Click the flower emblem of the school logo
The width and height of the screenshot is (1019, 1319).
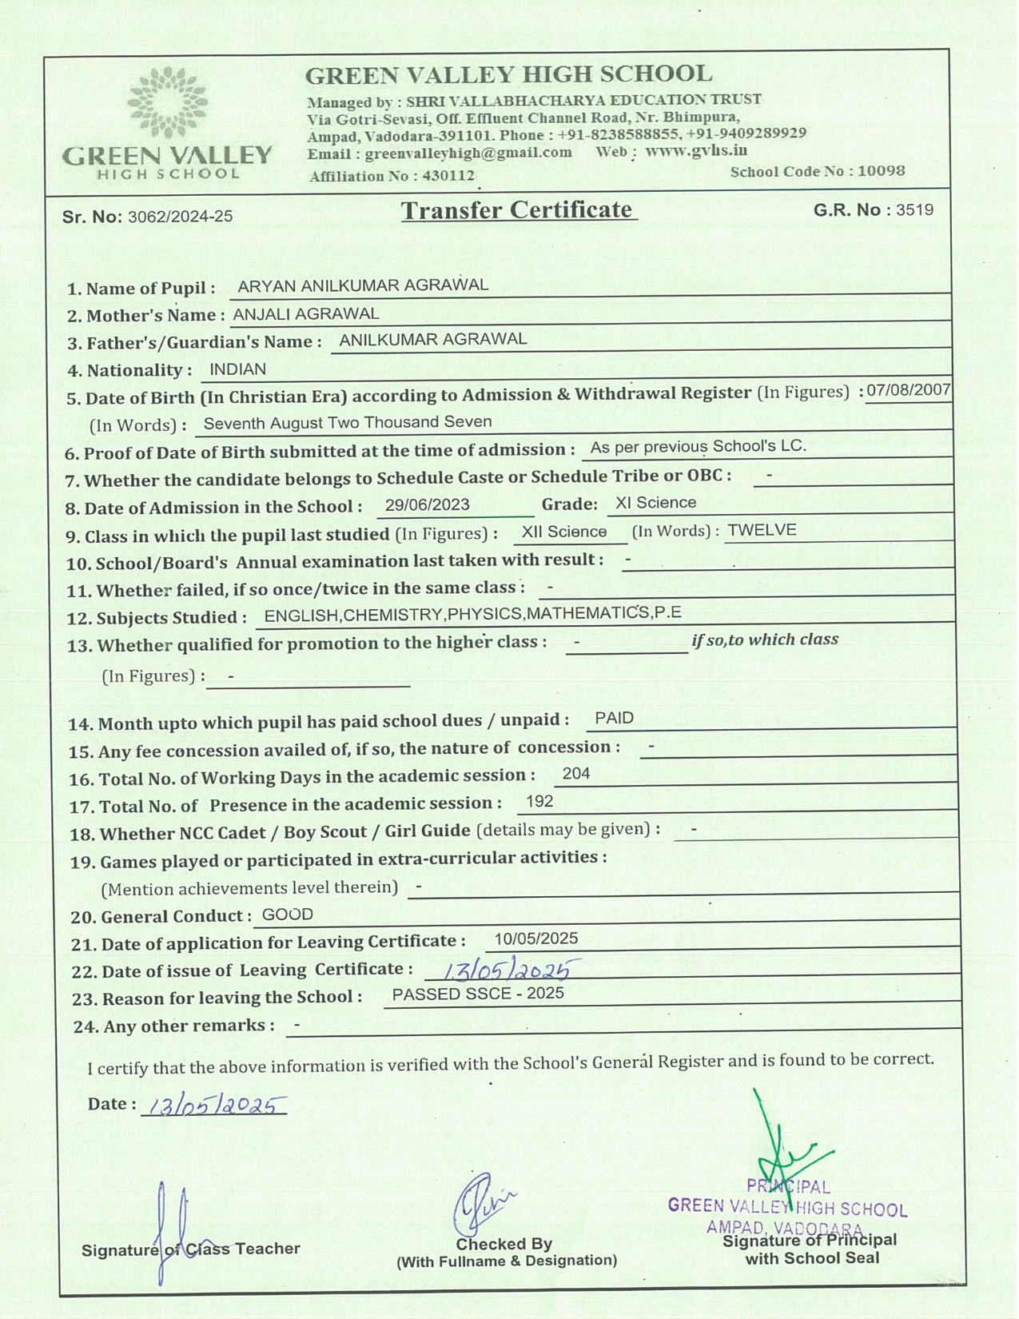pyautogui.click(x=168, y=102)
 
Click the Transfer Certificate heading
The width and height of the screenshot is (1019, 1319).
pyautogui.click(x=519, y=210)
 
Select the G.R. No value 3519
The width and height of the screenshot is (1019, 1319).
pyautogui.click(x=914, y=210)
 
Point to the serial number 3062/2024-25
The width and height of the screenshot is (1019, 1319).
pyautogui.click(x=180, y=217)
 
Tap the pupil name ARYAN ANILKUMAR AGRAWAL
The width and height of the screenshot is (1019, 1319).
pyautogui.click(x=363, y=285)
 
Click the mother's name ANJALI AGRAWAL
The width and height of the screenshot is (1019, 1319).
pyautogui.click(x=305, y=314)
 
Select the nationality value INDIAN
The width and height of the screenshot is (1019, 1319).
pyautogui.click(x=237, y=369)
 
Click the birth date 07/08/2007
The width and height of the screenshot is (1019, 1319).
pyautogui.click(x=909, y=390)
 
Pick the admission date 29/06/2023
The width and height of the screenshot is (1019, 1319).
pyautogui.click(x=427, y=505)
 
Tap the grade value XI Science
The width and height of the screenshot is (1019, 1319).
pyautogui.click(x=655, y=503)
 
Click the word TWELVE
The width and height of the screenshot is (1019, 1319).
pyautogui.click(x=762, y=530)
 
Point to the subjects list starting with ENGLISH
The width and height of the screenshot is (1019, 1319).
pyautogui.click(x=472, y=614)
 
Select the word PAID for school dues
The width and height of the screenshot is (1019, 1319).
pyautogui.click(x=614, y=718)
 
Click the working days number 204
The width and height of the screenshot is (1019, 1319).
pyautogui.click(x=575, y=773)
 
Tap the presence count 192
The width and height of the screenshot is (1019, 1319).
pyautogui.click(x=539, y=801)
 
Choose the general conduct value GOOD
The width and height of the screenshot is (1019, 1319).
pyautogui.click(x=287, y=915)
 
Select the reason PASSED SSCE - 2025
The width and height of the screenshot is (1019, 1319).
pyautogui.click(x=477, y=994)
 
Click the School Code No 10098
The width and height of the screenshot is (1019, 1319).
pyautogui.click(x=881, y=171)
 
